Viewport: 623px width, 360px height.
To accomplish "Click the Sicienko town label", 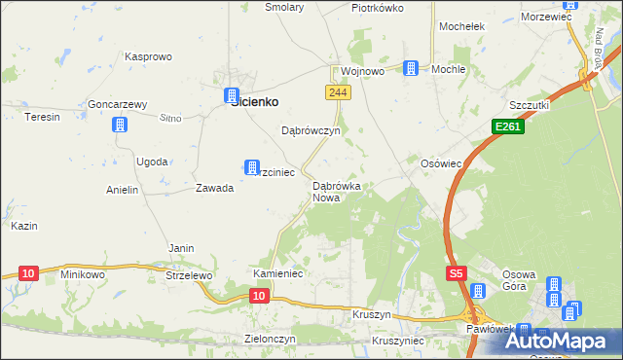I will point(254,101).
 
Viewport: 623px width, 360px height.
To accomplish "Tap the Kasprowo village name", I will point(149,57).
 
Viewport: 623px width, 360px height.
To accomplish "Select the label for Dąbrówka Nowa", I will point(337,192).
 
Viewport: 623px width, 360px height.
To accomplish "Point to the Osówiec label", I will point(440,163).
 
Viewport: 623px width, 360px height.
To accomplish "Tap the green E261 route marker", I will point(507,126).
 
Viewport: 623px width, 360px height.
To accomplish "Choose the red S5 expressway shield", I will point(458,274).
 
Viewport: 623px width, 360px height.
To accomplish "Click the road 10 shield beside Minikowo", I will point(27,273).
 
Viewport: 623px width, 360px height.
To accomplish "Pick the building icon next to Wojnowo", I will point(412,68).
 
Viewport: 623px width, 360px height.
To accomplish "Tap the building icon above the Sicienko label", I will point(232,95).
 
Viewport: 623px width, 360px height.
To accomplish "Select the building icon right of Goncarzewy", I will point(120,125).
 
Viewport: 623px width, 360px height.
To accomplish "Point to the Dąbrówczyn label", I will point(310,130).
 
